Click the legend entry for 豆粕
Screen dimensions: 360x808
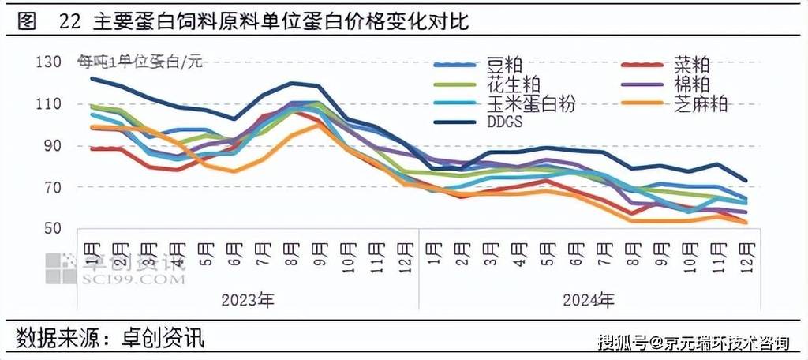coord(503,63)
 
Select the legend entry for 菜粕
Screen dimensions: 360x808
coord(691,63)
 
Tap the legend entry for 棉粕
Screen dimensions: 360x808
coord(691,83)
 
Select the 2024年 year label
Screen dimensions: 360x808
coord(589,301)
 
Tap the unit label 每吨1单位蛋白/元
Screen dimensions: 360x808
coord(139,62)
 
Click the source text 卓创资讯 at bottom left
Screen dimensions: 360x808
coord(162,339)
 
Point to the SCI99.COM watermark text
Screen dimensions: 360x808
coord(131,280)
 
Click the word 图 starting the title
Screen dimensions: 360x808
coord(27,22)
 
